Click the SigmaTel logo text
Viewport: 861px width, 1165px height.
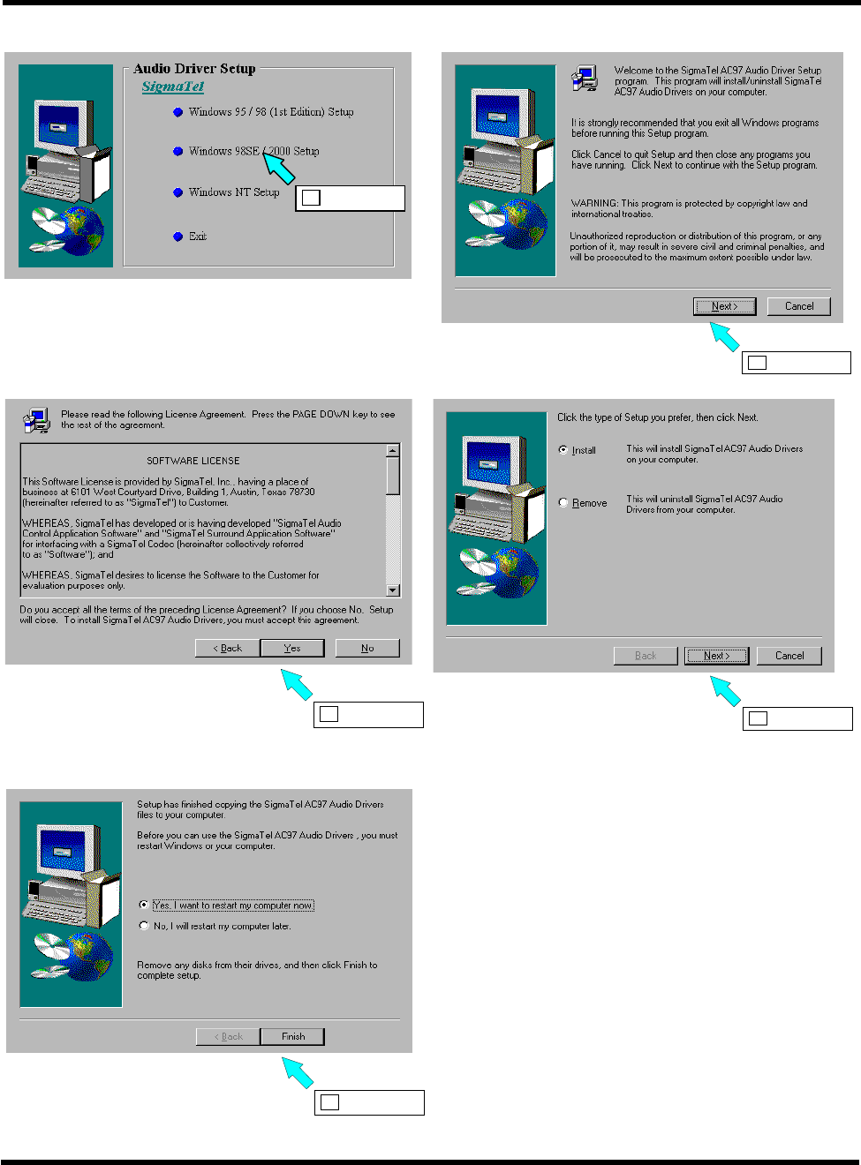pyautogui.click(x=173, y=86)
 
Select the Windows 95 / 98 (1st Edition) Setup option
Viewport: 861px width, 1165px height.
pyautogui.click(x=270, y=112)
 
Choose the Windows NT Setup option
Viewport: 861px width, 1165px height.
pyautogui.click(x=233, y=192)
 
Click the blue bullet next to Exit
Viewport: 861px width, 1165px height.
pyautogui.click(x=178, y=237)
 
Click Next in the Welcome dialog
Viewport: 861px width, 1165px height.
pyautogui.click(x=725, y=306)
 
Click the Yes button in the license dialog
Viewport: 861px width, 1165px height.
pyautogui.click(x=292, y=648)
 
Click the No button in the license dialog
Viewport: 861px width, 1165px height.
pyautogui.click(x=367, y=648)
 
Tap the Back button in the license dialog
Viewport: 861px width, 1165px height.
pyautogui.click(x=228, y=648)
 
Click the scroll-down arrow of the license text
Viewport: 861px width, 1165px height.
pyautogui.click(x=393, y=590)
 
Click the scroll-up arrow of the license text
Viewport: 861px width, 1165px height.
pyautogui.click(x=393, y=451)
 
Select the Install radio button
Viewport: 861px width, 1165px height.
pyautogui.click(x=563, y=450)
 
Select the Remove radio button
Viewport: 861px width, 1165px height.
pyautogui.click(x=563, y=503)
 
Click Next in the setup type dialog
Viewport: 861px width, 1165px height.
pyautogui.click(x=716, y=656)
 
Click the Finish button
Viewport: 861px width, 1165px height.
pyautogui.click(x=293, y=1036)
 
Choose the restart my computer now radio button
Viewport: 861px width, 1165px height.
pyautogui.click(x=144, y=906)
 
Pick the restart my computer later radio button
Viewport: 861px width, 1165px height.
pyautogui.click(x=144, y=926)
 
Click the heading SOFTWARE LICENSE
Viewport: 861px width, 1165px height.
pyautogui.click(x=193, y=461)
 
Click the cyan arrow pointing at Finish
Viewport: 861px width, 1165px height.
pyautogui.click(x=298, y=1073)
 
